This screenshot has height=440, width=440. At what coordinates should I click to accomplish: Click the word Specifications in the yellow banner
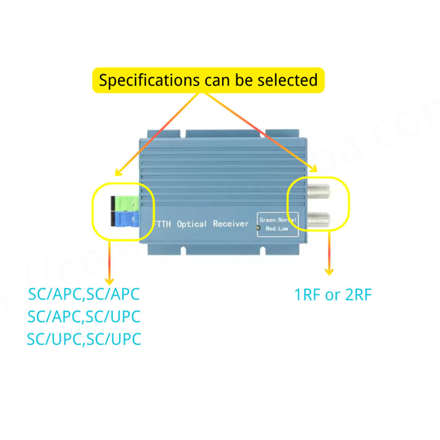(x=148, y=81)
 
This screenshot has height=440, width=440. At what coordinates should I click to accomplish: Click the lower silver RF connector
(x=318, y=220)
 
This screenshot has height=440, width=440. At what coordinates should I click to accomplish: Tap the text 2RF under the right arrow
(x=357, y=295)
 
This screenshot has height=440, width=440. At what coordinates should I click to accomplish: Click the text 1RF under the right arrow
(x=308, y=295)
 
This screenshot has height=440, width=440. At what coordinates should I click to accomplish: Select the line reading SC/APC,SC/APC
(x=84, y=294)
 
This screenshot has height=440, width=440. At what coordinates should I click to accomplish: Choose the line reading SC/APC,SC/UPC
(x=84, y=316)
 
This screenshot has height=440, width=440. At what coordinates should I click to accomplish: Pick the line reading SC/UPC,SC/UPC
(x=84, y=339)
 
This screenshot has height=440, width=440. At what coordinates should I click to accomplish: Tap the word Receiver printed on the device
(x=231, y=224)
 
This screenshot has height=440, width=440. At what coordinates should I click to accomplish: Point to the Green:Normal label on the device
(x=278, y=220)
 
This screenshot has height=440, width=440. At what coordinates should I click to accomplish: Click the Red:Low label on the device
(x=277, y=228)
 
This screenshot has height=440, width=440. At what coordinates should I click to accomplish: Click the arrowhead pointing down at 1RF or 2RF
(x=329, y=272)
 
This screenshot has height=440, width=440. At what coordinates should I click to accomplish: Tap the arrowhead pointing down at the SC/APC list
(x=110, y=280)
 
